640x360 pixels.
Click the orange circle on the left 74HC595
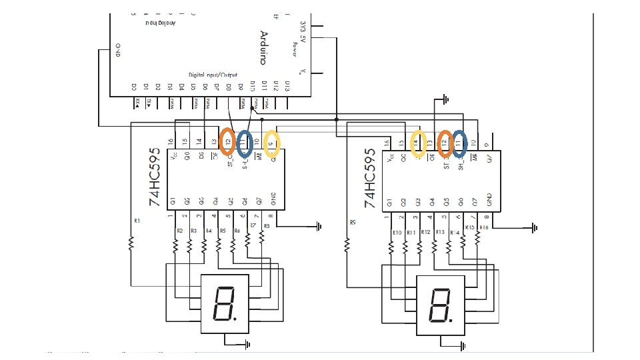click(229, 141)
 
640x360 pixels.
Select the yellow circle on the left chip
click(272, 141)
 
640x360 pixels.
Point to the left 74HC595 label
click(154, 177)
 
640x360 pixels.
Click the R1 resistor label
click(137, 221)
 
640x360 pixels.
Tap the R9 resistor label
click(352, 223)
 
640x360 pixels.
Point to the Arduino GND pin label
click(118, 51)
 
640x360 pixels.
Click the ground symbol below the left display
click(247, 343)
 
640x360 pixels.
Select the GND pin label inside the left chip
click(273, 199)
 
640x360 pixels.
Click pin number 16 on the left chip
click(171, 142)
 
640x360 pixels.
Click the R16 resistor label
click(483, 227)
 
